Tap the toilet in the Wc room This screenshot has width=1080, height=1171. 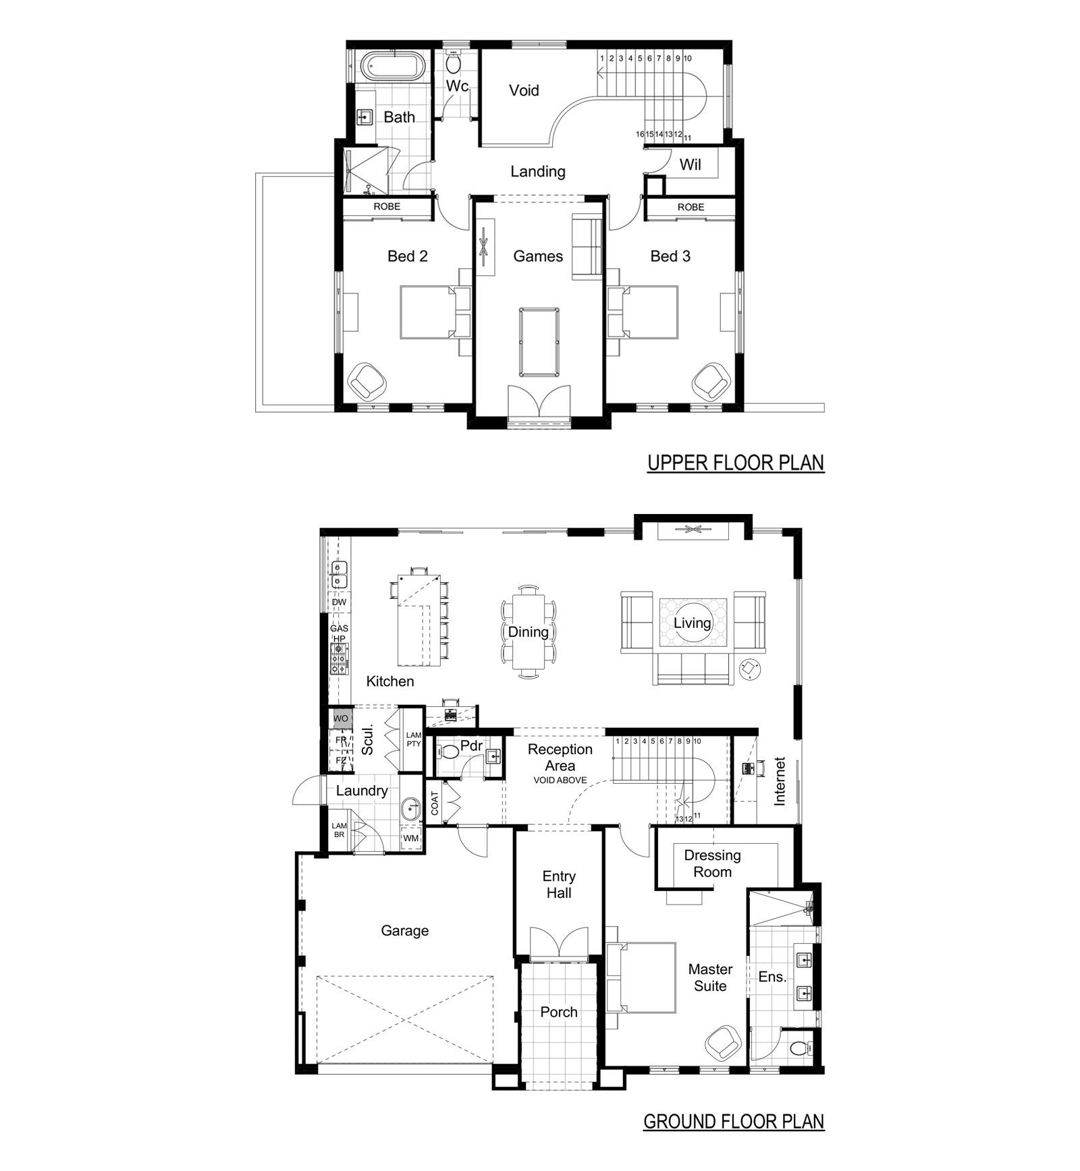453,63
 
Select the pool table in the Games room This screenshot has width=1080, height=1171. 539,341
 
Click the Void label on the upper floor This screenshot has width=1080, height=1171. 524,90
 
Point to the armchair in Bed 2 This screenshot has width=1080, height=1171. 367,381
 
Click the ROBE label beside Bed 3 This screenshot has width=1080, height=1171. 691,207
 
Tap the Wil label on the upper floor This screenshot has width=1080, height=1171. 691,165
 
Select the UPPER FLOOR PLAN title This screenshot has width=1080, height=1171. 736,463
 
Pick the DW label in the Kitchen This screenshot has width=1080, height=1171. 339,602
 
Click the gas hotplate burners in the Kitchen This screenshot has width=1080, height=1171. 339,659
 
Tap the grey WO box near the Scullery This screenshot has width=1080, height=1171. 341,718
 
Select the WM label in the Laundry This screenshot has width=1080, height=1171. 411,838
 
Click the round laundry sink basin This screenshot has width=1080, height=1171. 410,808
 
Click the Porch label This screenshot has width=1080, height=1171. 559,1012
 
